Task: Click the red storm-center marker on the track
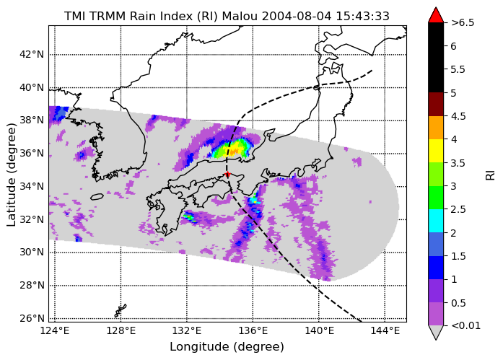coord(227,175)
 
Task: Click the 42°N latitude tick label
coord(32,55)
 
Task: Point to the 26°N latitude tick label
coord(32,318)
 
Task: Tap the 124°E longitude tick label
coord(55,330)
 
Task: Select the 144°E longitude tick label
coord(385,330)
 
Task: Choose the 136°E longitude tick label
coord(253,330)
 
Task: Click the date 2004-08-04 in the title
coord(297,16)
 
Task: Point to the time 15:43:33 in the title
coord(362,16)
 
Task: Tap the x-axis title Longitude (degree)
coord(227,347)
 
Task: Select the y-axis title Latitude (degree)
coord(12,175)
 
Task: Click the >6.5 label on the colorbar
coord(463,23)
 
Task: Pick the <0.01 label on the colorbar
coord(465,325)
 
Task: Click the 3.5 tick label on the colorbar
coord(458,163)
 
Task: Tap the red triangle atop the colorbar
coord(436,14)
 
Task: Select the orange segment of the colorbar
coord(436,128)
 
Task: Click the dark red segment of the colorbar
coord(436,104)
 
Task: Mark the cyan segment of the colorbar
coord(436,221)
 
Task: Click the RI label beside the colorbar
coord(491,175)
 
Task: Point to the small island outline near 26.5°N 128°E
coord(121,311)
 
